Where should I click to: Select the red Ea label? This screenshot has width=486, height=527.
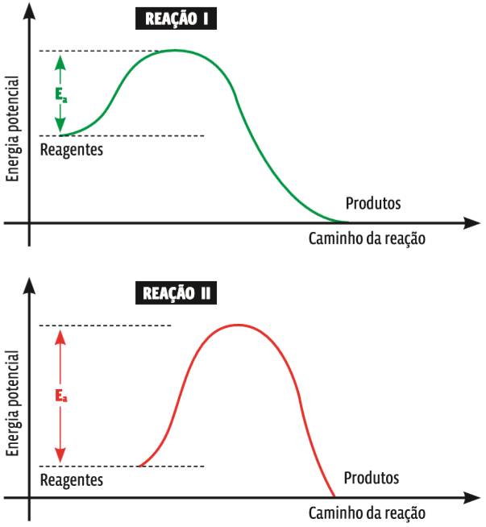pyautogui.click(x=60, y=396)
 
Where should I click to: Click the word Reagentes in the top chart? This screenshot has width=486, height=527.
pyautogui.click(x=71, y=150)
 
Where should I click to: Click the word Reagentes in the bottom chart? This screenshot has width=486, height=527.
pyautogui.click(x=71, y=480)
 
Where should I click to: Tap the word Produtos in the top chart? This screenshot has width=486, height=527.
pyautogui.click(x=372, y=203)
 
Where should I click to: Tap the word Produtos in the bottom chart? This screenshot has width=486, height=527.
pyautogui.click(x=372, y=479)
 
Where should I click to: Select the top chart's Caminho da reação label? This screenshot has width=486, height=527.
pyautogui.click(x=367, y=239)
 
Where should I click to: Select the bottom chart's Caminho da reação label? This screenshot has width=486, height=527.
pyautogui.click(x=367, y=513)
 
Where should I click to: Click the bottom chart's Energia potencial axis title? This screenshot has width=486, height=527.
pyautogui.click(x=12, y=404)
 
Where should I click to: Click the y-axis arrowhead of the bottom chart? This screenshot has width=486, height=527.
pyautogui.click(x=29, y=284)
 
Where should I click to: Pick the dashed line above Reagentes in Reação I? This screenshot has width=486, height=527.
pyautogui.click(x=121, y=135)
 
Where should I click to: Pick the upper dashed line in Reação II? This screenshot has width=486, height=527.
pyautogui.click(x=105, y=326)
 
